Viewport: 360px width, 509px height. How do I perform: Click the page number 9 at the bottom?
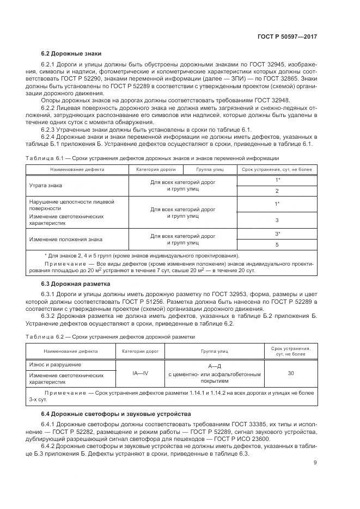point(315,463)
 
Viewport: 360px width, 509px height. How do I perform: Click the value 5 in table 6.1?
point(277,245)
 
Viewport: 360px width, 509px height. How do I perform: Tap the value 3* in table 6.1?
point(277,234)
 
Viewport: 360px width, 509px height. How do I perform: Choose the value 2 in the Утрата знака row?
point(277,191)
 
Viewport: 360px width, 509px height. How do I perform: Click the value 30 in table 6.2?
point(290,374)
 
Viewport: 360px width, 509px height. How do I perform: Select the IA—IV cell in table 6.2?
point(140,374)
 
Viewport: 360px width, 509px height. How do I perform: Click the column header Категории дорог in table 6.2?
point(140,351)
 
